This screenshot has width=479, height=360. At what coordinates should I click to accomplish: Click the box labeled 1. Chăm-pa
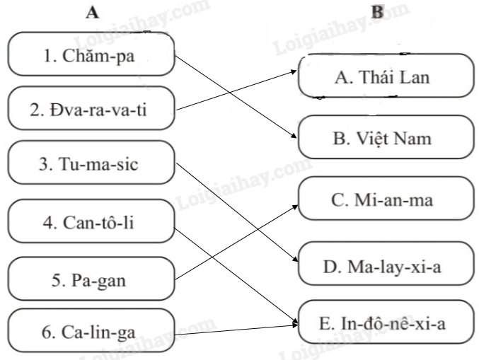(91, 54)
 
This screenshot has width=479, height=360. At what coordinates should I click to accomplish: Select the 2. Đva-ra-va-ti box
(91, 110)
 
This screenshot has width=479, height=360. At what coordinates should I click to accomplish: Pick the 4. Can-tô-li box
(91, 223)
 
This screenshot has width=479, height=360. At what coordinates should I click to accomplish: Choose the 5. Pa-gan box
(91, 280)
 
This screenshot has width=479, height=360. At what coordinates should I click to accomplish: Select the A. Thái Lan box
(384, 76)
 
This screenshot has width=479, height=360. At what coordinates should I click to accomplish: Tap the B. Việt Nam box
(384, 137)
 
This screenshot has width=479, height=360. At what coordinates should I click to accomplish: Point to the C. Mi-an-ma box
(384, 201)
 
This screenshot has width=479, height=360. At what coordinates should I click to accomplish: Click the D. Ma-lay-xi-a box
(384, 267)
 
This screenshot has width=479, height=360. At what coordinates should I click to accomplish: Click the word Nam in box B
(413, 138)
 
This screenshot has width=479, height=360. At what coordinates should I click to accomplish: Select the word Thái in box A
(367, 76)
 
